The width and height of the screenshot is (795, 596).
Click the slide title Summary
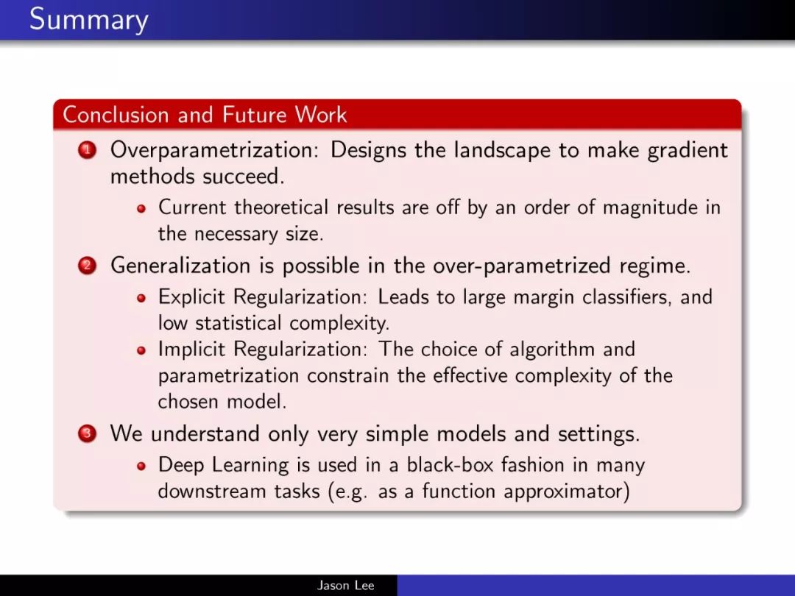tap(89, 21)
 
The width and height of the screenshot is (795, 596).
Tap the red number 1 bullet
tap(87, 151)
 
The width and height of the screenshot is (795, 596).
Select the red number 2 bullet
tap(87, 266)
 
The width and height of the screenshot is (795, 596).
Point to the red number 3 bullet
tap(87, 434)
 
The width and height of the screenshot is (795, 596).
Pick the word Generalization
tap(180, 266)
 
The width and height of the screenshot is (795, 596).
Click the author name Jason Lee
tap(346, 586)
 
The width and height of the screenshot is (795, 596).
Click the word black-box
tap(450, 465)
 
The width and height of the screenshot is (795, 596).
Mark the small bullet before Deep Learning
tap(141, 466)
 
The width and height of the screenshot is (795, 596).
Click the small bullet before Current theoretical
tap(141, 208)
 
